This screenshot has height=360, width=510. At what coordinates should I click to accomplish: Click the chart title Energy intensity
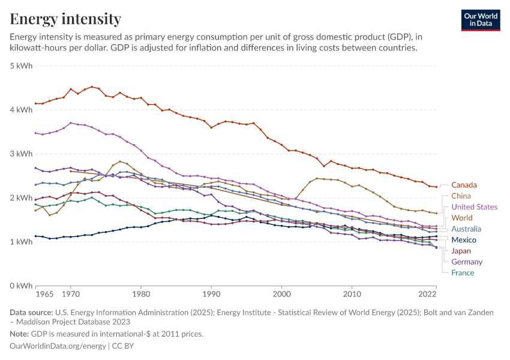pos(65,19)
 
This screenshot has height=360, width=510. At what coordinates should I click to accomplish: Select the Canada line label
pos(464,185)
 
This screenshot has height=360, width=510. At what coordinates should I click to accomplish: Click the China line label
pos(461,196)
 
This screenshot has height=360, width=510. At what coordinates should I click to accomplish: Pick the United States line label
pos(474,207)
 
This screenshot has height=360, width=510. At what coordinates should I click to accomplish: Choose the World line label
pos(462,218)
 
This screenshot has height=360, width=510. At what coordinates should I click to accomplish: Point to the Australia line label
pos(466,229)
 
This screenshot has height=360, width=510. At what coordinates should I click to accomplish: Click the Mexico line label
pos(464,240)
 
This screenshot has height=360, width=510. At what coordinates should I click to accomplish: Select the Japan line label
pos(461,251)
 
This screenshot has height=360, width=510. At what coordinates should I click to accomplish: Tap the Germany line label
pos(467,262)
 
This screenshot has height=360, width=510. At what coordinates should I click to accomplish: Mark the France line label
pos(463,272)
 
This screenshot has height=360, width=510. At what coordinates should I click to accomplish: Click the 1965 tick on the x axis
pos(44,295)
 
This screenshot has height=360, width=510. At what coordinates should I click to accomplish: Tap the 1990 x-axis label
pos(211,295)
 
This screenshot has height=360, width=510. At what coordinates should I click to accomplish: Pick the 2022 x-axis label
pos(427,295)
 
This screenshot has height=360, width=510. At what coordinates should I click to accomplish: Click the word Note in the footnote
pos(19,334)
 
